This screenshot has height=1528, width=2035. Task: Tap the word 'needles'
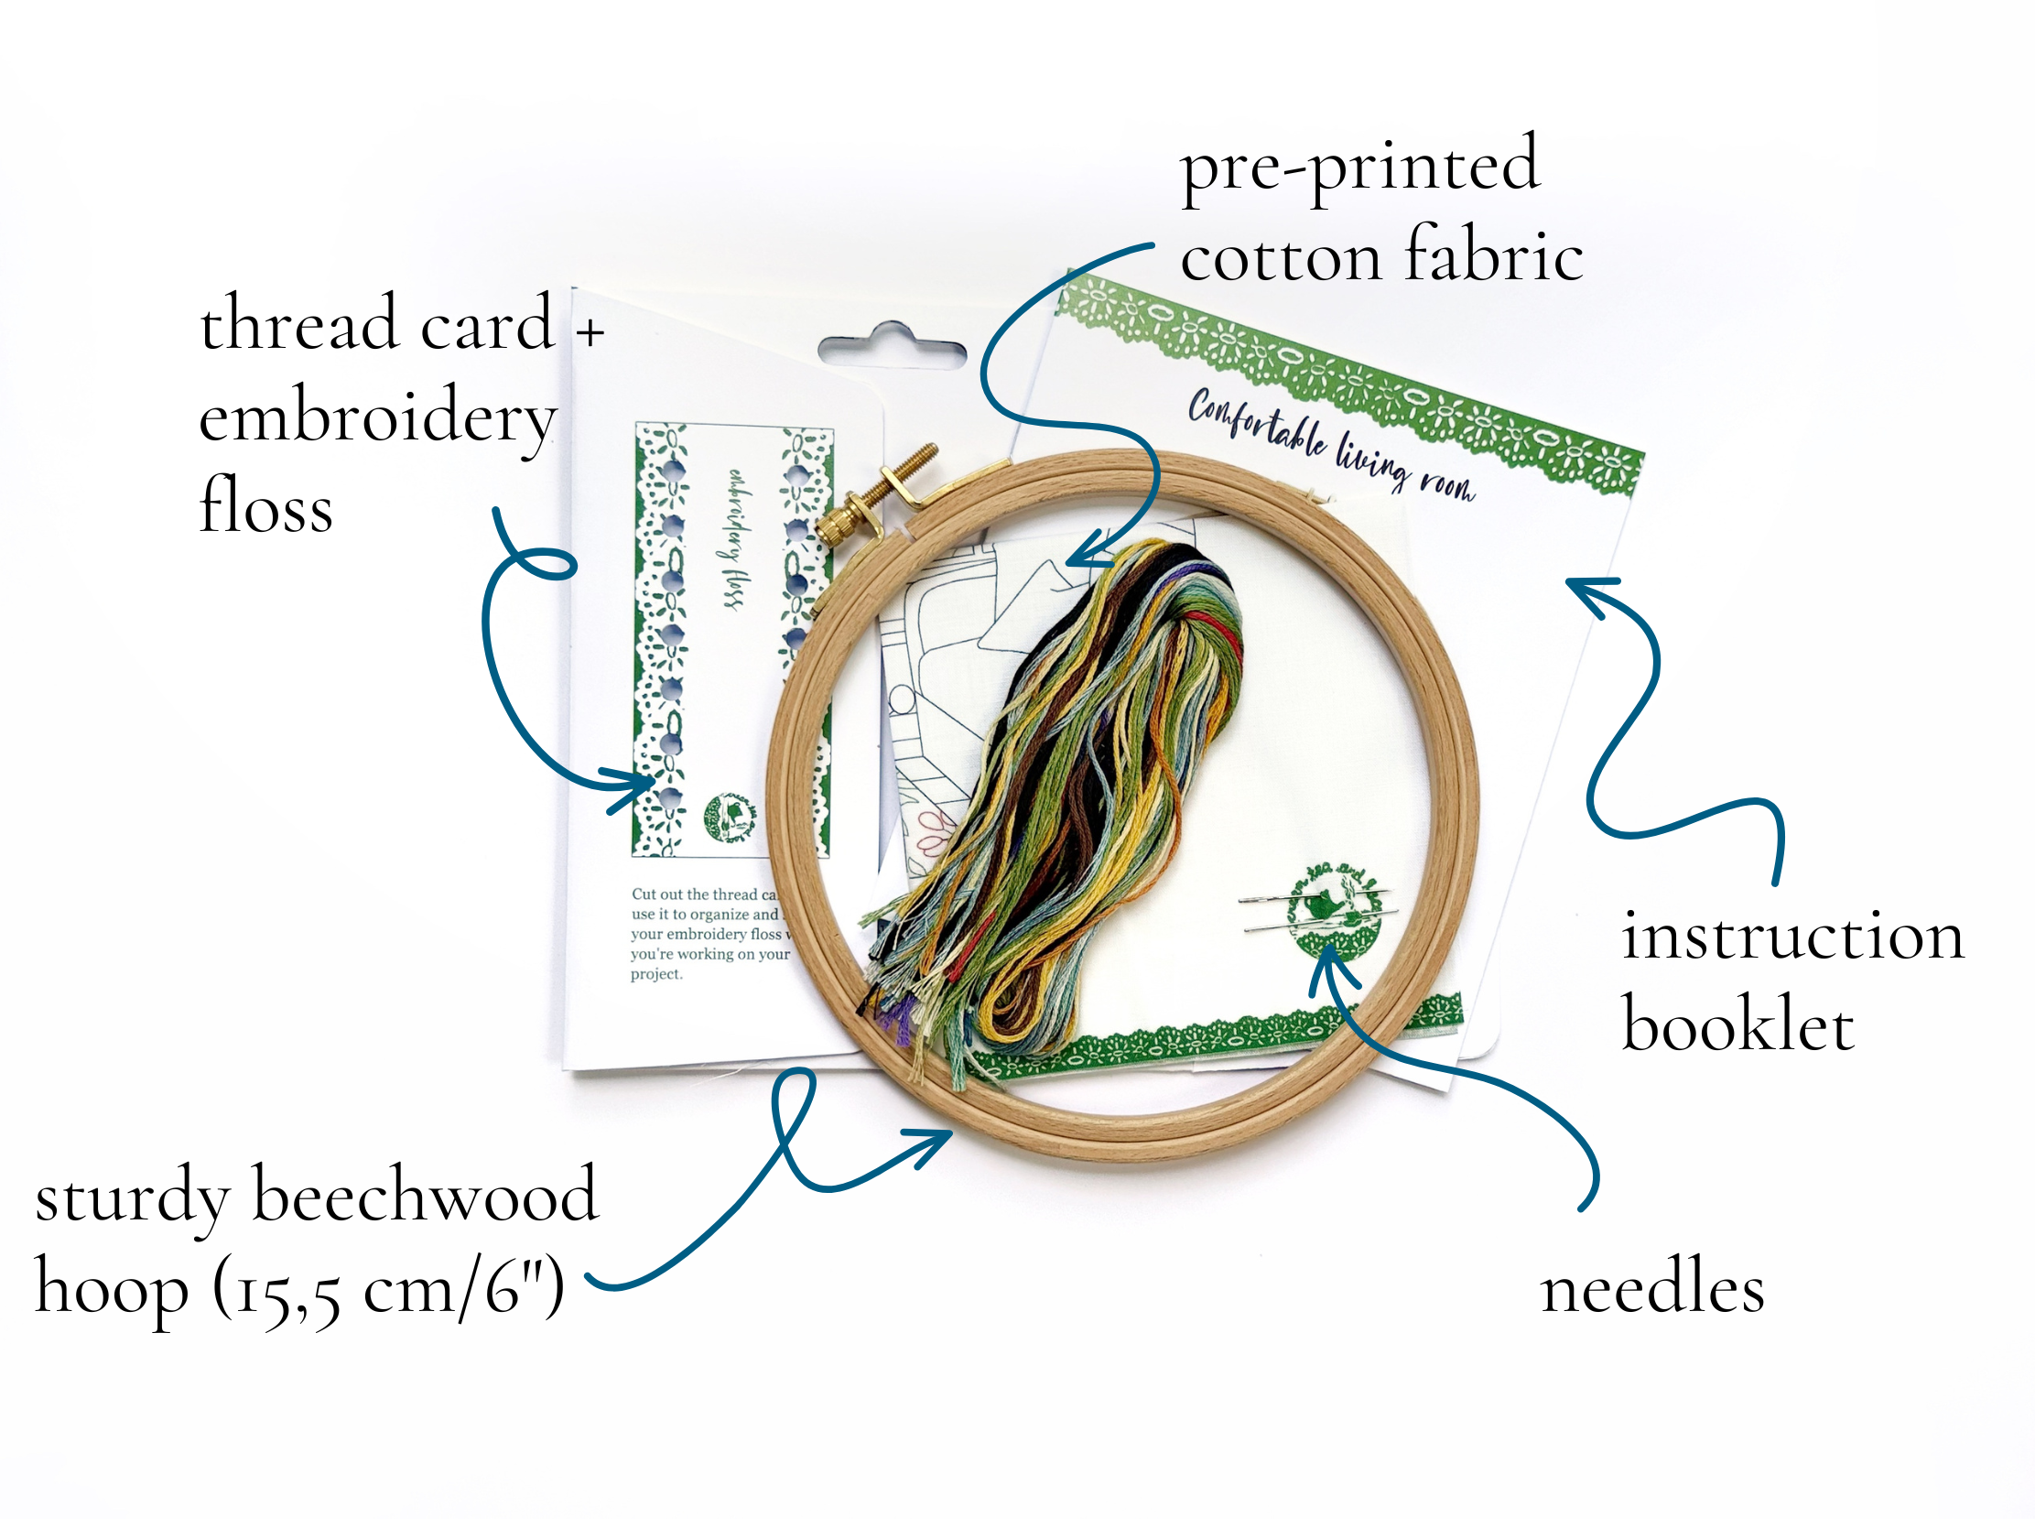click(1651, 1290)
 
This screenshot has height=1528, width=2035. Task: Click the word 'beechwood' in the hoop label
click(425, 1196)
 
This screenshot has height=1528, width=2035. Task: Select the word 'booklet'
click(1737, 1024)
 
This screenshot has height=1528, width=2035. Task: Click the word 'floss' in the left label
click(265, 506)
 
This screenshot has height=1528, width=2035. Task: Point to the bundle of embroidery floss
click(1077, 782)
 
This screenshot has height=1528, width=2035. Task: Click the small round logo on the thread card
click(731, 816)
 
